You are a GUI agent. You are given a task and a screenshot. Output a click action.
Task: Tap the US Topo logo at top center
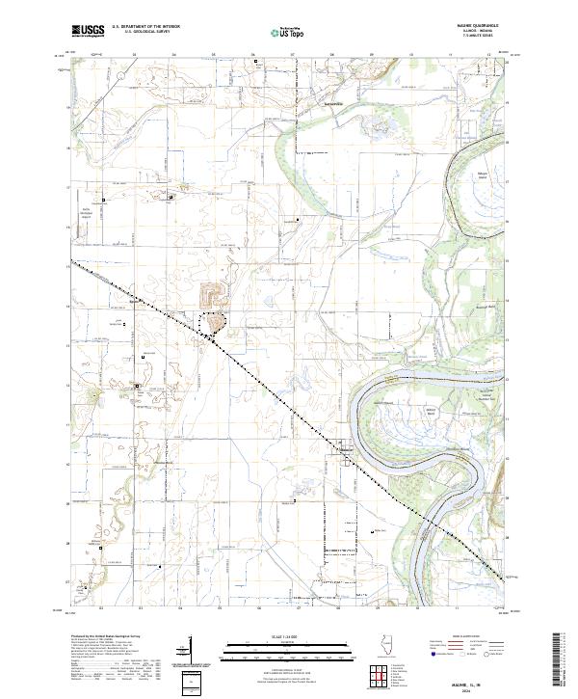280,32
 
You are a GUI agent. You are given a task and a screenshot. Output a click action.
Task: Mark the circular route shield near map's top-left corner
94,56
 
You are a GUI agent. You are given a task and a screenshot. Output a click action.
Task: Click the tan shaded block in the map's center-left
212,292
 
